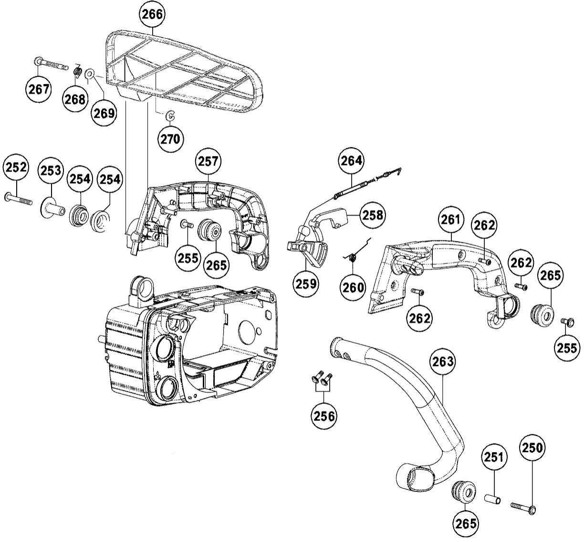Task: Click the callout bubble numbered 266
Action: pos(152,14)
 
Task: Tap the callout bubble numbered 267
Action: pos(38,89)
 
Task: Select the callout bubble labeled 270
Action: pos(170,139)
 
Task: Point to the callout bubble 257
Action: pos(208,161)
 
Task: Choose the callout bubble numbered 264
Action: pos(351,161)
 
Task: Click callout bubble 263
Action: pos(443,362)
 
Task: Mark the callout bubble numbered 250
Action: pos(532,448)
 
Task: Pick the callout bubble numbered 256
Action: pos(324,416)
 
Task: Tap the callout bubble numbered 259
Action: pos(306,284)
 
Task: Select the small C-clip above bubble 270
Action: pos(170,115)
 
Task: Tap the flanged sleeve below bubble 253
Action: pos(52,209)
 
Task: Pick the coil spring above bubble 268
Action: pos(77,71)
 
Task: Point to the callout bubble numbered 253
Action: pos(51,170)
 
